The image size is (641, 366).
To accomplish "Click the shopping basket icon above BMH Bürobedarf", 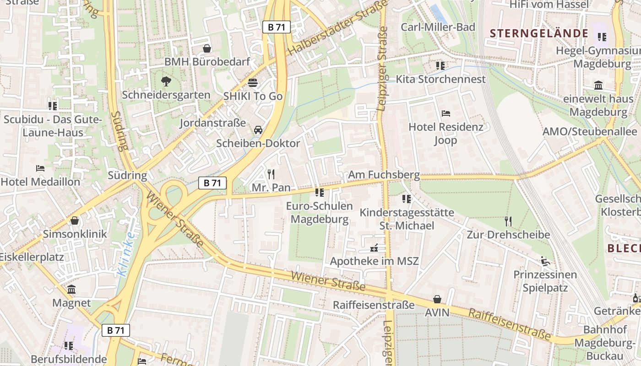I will coord(207,48).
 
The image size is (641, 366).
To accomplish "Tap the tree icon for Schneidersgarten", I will coord(166,82).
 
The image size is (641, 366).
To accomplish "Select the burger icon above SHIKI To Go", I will coord(253,83).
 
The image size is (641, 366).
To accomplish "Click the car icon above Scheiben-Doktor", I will coord(258,130).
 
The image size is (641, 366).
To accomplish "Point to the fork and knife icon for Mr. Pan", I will coord(271,174).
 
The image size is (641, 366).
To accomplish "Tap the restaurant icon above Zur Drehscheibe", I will coord(508,221).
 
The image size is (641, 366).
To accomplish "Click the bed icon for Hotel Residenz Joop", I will coord(445,113).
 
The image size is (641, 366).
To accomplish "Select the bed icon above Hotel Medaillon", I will coord(40,168).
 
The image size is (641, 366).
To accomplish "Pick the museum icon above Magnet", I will coord(71,290).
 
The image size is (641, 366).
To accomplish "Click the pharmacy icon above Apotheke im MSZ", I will coord(374,248).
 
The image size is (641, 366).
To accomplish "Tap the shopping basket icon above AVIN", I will coord(437,300).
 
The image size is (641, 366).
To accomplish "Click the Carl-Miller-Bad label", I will coord(438,27).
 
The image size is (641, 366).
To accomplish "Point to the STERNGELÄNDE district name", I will coord(539,33).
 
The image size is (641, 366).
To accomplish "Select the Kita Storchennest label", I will coord(440,79).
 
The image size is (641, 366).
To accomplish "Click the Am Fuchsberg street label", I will coord(384,175).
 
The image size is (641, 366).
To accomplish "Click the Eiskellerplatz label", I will coord(31,257).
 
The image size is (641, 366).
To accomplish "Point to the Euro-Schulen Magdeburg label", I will coord(320,212).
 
